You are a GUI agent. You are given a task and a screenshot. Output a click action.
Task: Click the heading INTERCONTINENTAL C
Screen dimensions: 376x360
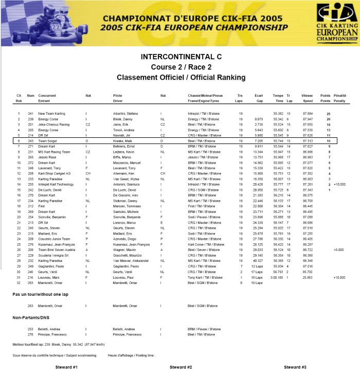tap(180, 56)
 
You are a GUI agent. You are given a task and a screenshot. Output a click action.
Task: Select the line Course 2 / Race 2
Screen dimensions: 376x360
tap(180, 67)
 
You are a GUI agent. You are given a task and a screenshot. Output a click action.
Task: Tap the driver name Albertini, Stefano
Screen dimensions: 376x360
tap(126, 113)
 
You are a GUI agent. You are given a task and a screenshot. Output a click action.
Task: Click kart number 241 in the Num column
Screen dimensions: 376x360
tap(30, 113)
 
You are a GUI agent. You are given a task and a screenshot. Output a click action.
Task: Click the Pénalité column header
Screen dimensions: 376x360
tap(339, 96)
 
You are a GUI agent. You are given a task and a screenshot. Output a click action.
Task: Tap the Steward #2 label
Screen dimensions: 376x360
tap(181, 367)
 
